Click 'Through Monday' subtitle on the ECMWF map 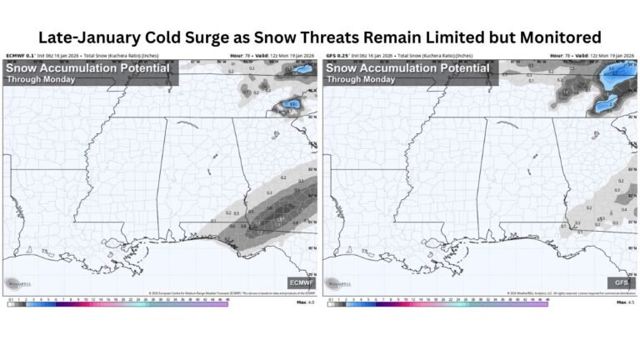tap(42, 79)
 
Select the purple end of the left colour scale tap(223, 303)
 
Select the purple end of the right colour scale tap(543, 303)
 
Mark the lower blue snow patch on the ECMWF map tap(288, 104)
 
